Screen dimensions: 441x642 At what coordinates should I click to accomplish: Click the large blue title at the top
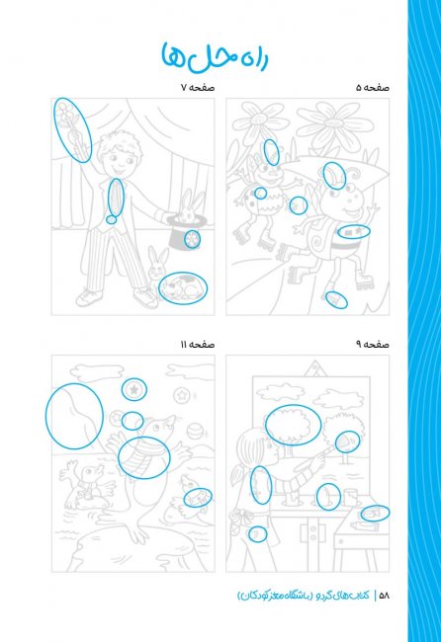(215, 56)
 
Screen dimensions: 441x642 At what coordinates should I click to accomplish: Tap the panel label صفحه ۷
(198, 88)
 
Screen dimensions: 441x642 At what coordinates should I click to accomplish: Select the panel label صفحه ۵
(372, 88)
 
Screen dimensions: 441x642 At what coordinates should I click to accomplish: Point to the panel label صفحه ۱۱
(198, 345)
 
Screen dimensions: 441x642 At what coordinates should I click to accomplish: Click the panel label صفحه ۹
(372, 345)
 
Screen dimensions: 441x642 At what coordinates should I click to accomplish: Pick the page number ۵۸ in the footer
(384, 596)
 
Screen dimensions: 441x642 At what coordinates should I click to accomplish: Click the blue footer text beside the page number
(304, 595)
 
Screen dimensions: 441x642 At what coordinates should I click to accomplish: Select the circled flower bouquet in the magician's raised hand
(72, 129)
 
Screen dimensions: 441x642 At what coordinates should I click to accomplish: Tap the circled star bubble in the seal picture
(134, 389)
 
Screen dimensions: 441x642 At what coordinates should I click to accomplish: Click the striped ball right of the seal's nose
(194, 432)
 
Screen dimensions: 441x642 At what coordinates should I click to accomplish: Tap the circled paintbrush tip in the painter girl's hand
(347, 441)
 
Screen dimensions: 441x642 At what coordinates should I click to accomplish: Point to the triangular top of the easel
(316, 368)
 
